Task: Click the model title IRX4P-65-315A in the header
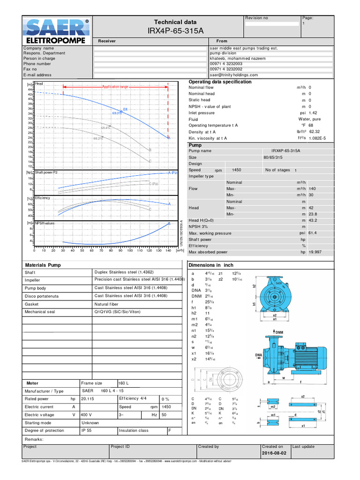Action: (x=175, y=31)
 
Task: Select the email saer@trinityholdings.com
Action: (x=234, y=75)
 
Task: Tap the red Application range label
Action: (x=115, y=87)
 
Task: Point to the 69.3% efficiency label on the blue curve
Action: (x=116, y=113)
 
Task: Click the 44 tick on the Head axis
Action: (x=30, y=89)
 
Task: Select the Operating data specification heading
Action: (x=220, y=82)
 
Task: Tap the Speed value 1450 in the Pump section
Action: (x=237, y=170)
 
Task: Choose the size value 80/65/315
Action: (x=275, y=157)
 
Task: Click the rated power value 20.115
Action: (x=88, y=399)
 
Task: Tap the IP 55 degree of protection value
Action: (x=87, y=430)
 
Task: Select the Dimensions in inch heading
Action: (x=210, y=265)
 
